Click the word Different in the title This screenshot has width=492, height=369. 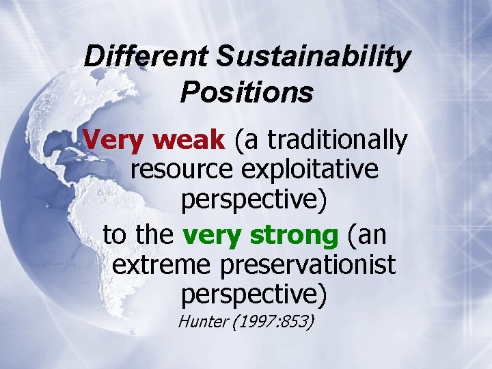tap(146, 56)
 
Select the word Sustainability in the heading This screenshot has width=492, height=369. tap(314, 56)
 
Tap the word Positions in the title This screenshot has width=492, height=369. tap(247, 92)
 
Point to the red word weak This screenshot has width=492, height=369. tap(189, 141)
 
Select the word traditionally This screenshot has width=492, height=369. tap(338, 141)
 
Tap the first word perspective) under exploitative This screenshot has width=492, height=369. tap(254, 200)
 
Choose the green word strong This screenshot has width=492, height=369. tap(295, 235)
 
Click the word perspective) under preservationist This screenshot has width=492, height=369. tap(254, 295)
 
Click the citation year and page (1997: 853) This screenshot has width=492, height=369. tap(272, 320)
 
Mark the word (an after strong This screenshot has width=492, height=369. tap(367, 235)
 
